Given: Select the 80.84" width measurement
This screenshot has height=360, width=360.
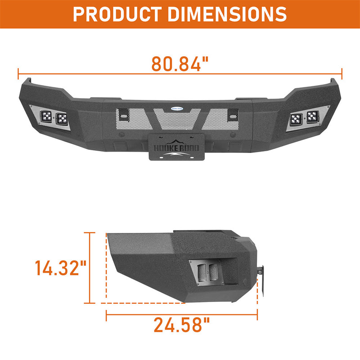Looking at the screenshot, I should point(180,64).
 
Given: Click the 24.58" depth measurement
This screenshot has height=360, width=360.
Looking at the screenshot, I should point(181,324).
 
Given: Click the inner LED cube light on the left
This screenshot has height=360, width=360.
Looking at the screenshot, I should point(62,119).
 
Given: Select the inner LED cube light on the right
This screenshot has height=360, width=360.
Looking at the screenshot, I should point(296,119).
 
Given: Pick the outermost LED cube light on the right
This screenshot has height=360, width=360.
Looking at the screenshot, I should point(311,118).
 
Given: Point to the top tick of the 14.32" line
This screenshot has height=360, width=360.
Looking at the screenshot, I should point(90,233).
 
